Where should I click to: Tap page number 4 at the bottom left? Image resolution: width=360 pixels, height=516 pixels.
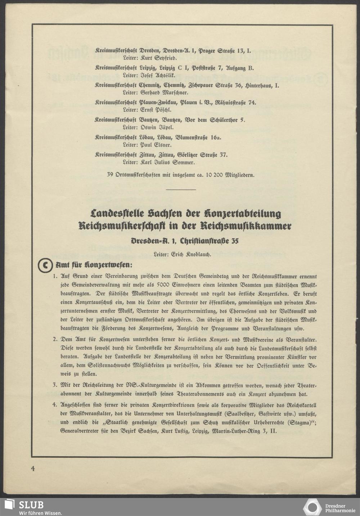[33, 468]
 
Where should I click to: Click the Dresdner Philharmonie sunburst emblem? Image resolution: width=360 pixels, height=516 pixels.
[312, 507]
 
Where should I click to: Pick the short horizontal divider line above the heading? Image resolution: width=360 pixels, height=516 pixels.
[181, 190]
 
